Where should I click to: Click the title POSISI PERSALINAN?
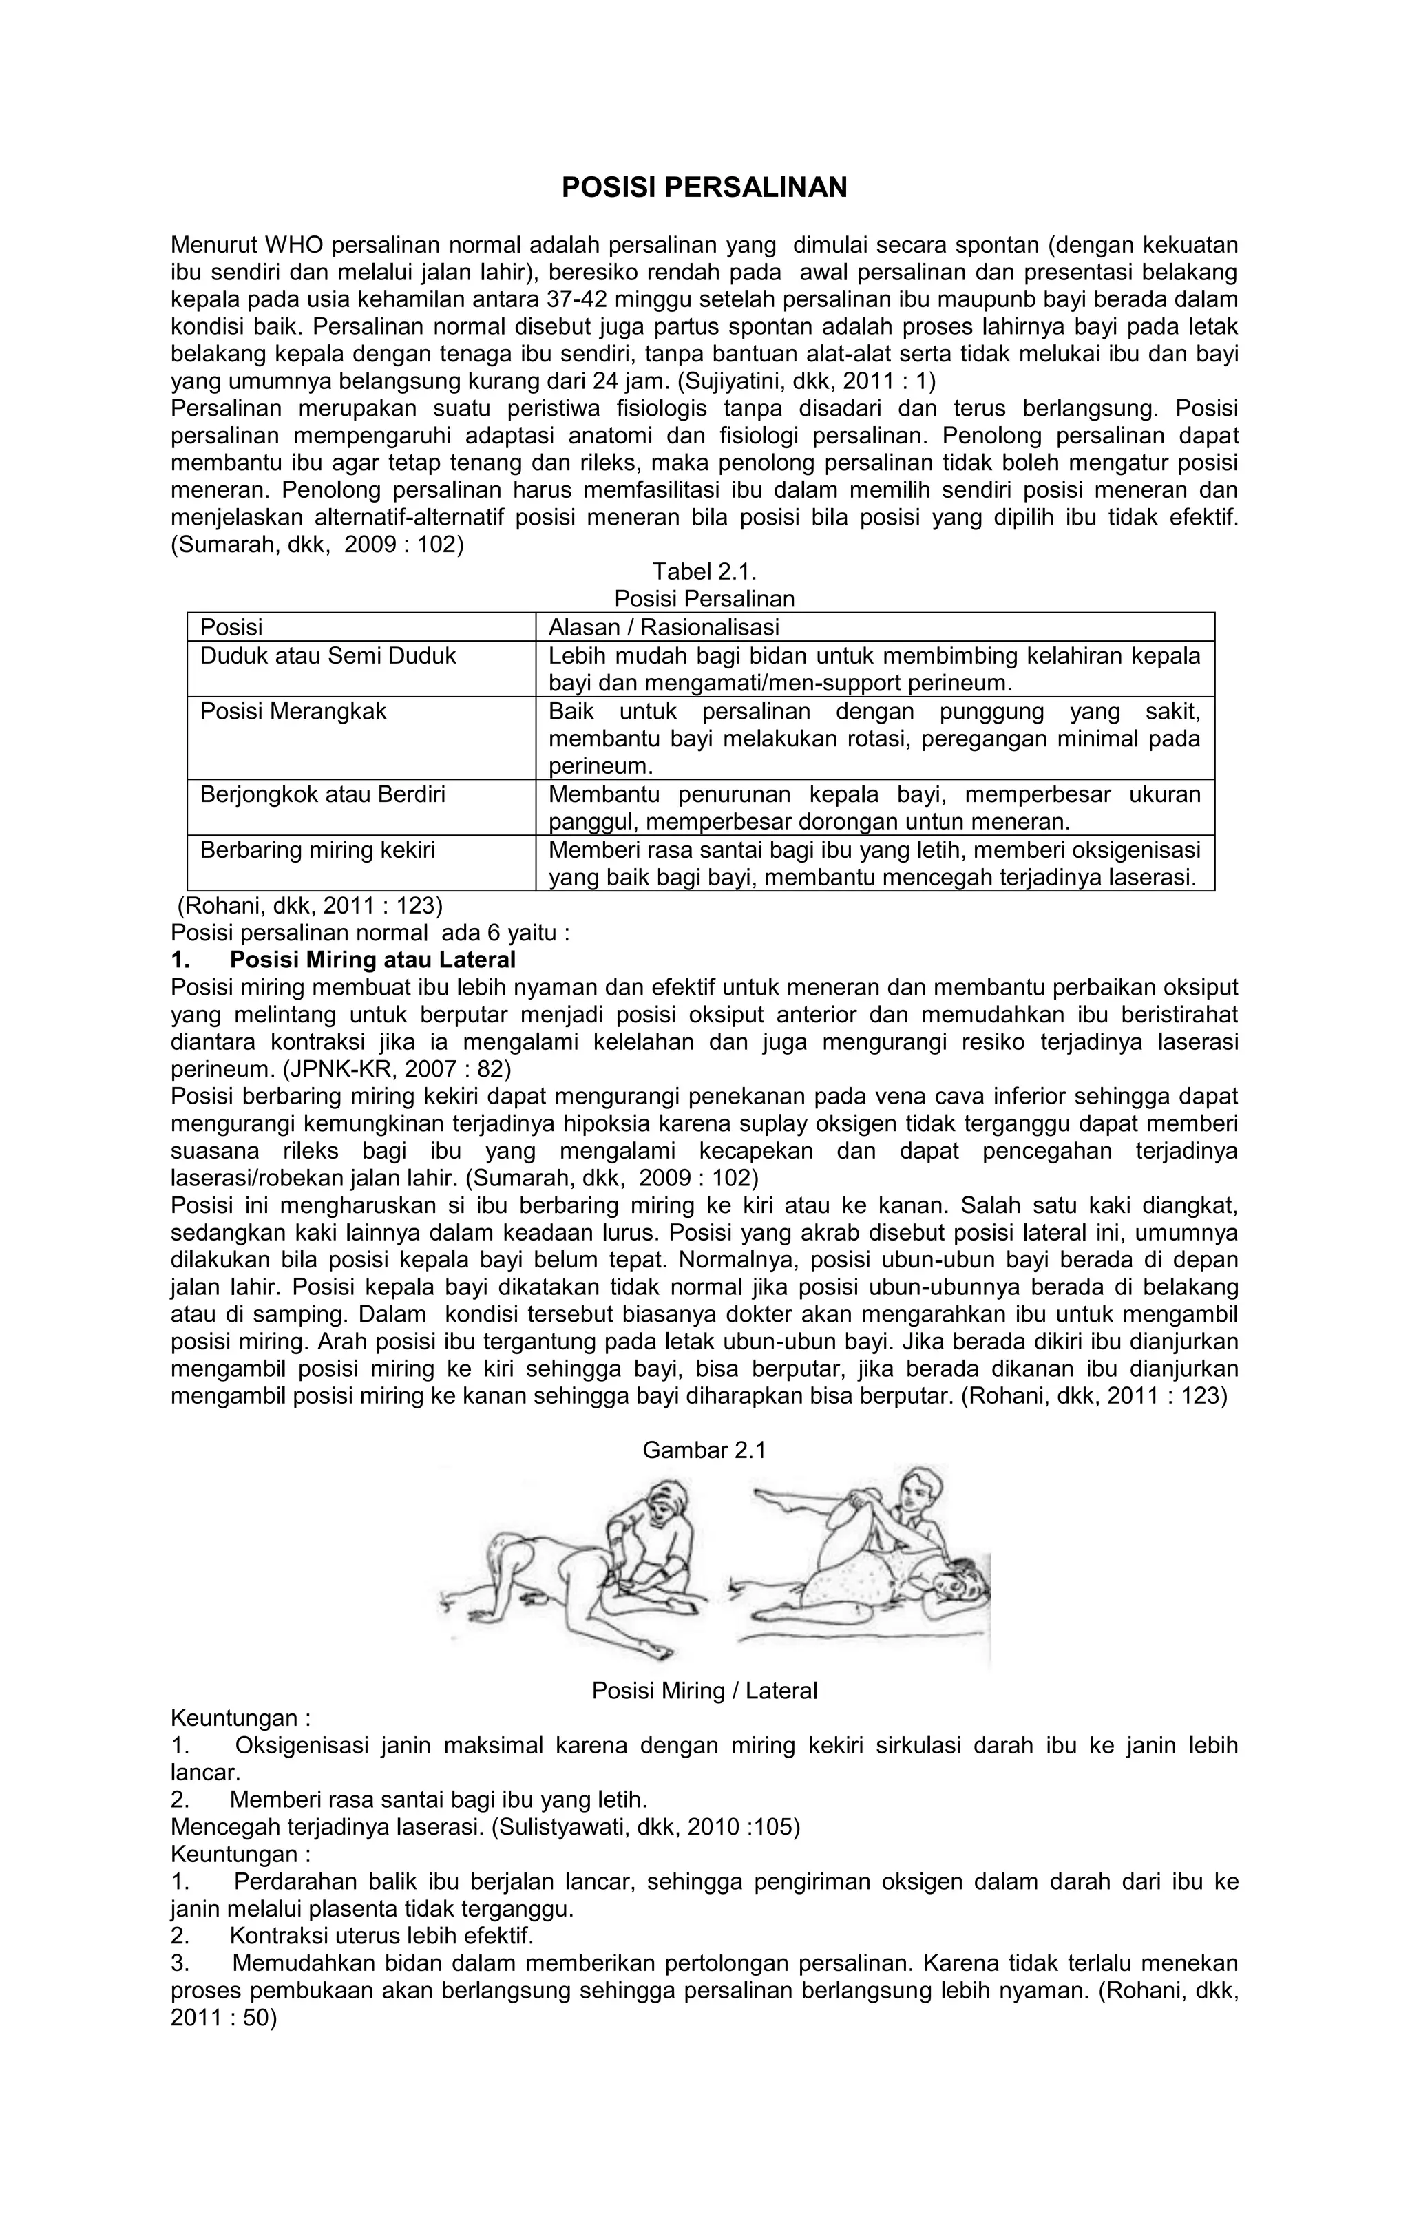click(x=704, y=188)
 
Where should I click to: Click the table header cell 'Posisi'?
click(x=232, y=628)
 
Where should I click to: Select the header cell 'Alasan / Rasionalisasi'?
click(x=664, y=628)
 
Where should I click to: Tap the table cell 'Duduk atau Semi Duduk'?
click(x=328, y=656)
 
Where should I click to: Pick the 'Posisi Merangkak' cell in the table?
click(x=293, y=711)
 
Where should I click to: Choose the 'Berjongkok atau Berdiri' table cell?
click(x=322, y=794)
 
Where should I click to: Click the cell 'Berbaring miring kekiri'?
click(x=317, y=850)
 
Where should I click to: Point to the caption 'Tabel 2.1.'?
click(x=704, y=572)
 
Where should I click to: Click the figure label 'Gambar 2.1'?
click(x=704, y=1450)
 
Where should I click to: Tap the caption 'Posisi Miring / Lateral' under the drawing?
click(x=704, y=1691)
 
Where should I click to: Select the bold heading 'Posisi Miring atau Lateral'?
click(x=372, y=960)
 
